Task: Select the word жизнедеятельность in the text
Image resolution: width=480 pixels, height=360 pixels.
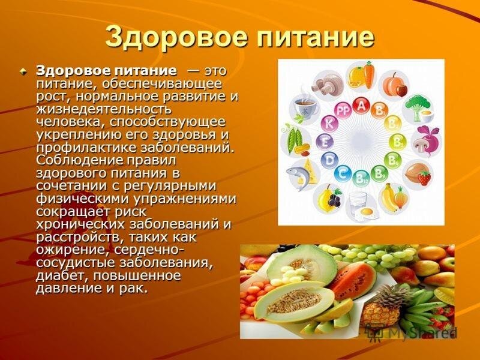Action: pos(104,110)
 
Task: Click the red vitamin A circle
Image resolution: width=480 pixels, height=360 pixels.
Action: pos(361,106)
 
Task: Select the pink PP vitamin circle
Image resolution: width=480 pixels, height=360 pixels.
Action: pos(343,111)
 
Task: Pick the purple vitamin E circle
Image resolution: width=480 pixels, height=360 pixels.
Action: pos(325,142)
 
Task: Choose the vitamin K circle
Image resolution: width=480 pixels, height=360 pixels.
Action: pos(329,124)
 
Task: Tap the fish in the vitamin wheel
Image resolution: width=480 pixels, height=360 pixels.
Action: pos(296,175)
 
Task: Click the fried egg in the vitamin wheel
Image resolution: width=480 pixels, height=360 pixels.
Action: pos(367,211)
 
